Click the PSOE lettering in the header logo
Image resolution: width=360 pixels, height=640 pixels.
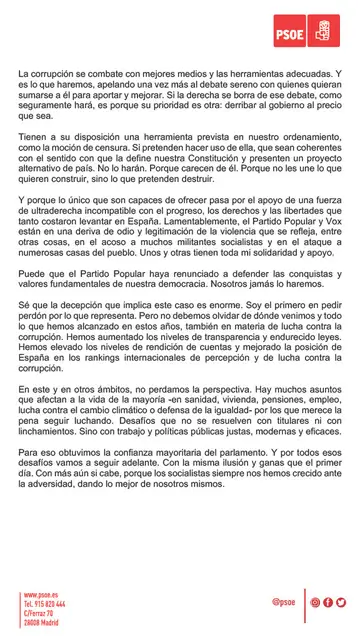click(x=304, y=30)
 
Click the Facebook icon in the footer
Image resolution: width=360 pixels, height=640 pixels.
click(x=328, y=602)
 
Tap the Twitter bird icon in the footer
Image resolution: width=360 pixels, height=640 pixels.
click(x=341, y=602)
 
